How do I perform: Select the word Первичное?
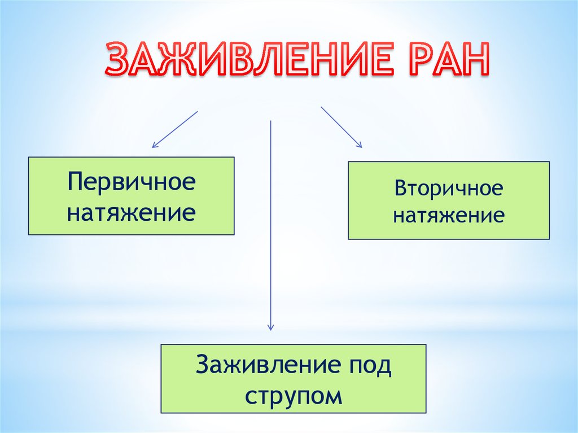pyautogui.click(x=132, y=182)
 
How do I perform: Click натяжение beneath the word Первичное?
pyautogui.click(x=132, y=213)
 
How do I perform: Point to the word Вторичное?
pyautogui.click(x=449, y=189)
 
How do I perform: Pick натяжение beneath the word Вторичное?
pyautogui.click(x=449, y=216)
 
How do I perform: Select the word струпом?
pyautogui.click(x=294, y=395)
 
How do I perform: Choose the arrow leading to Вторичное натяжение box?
pyautogui.click(x=341, y=127)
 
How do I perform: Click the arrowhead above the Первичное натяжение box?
pyautogui.click(x=154, y=146)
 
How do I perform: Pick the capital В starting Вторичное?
pyautogui.click(x=401, y=189)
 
